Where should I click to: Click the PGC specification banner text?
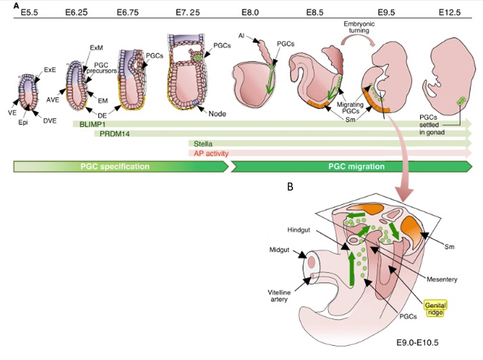[x=115, y=166]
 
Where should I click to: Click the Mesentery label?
[x=442, y=279]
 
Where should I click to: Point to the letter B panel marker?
[x=290, y=186]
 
